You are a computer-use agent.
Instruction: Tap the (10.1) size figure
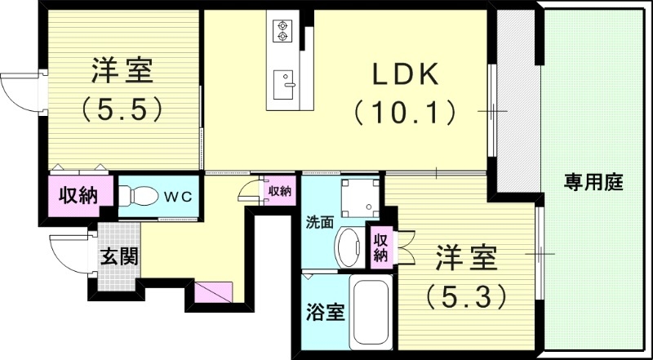(406, 112)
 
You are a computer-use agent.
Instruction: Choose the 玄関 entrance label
(119, 256)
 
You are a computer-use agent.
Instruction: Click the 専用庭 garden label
(593, 183)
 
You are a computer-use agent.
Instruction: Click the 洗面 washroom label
(319, 222)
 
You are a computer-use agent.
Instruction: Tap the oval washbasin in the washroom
(351, 247)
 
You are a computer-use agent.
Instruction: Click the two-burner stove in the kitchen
(283, 30)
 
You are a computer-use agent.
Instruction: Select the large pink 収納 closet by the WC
(78, 196)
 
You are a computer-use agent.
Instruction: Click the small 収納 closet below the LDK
(279, 191)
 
